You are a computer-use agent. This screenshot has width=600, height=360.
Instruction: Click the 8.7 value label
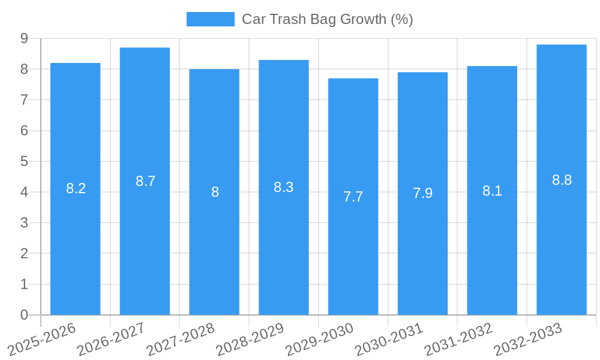(145, 181)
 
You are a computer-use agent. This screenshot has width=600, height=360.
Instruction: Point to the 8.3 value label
(283, 187)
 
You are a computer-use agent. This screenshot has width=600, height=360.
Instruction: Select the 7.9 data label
(422, 193)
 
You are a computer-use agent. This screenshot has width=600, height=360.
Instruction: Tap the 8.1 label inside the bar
(492, 191)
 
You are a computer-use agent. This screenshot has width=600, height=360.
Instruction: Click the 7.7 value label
(353, 197)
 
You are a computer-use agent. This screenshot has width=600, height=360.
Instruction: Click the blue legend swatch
(210, 19)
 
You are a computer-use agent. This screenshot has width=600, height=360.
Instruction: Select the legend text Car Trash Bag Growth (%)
(327, 19)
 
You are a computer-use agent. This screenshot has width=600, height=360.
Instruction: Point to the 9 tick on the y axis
(24, 38)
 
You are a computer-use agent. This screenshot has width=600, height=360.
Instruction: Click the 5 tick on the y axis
(24, 161)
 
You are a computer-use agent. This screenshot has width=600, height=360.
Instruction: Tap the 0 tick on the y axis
(24, 315)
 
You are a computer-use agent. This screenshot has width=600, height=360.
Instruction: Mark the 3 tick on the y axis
(24, 223)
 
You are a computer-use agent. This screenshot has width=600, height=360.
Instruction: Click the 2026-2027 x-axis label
(112, 339)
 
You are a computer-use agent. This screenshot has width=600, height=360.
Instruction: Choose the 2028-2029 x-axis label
(250, 339)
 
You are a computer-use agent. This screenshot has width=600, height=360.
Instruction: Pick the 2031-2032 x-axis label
(459, 339)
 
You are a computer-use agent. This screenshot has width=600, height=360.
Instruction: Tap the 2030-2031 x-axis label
(389, 339)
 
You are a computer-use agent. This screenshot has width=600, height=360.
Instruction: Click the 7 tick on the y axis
(24, 100)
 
